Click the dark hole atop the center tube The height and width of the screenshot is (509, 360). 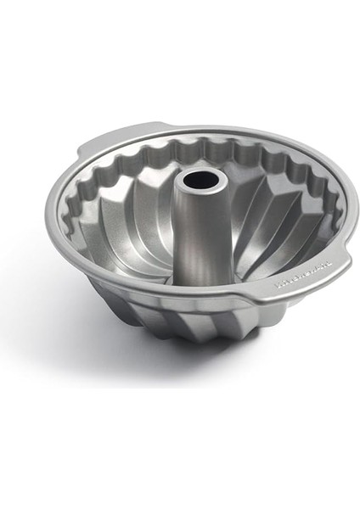[x=190, y=180]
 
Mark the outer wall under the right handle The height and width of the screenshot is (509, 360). [x=289, y=301]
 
